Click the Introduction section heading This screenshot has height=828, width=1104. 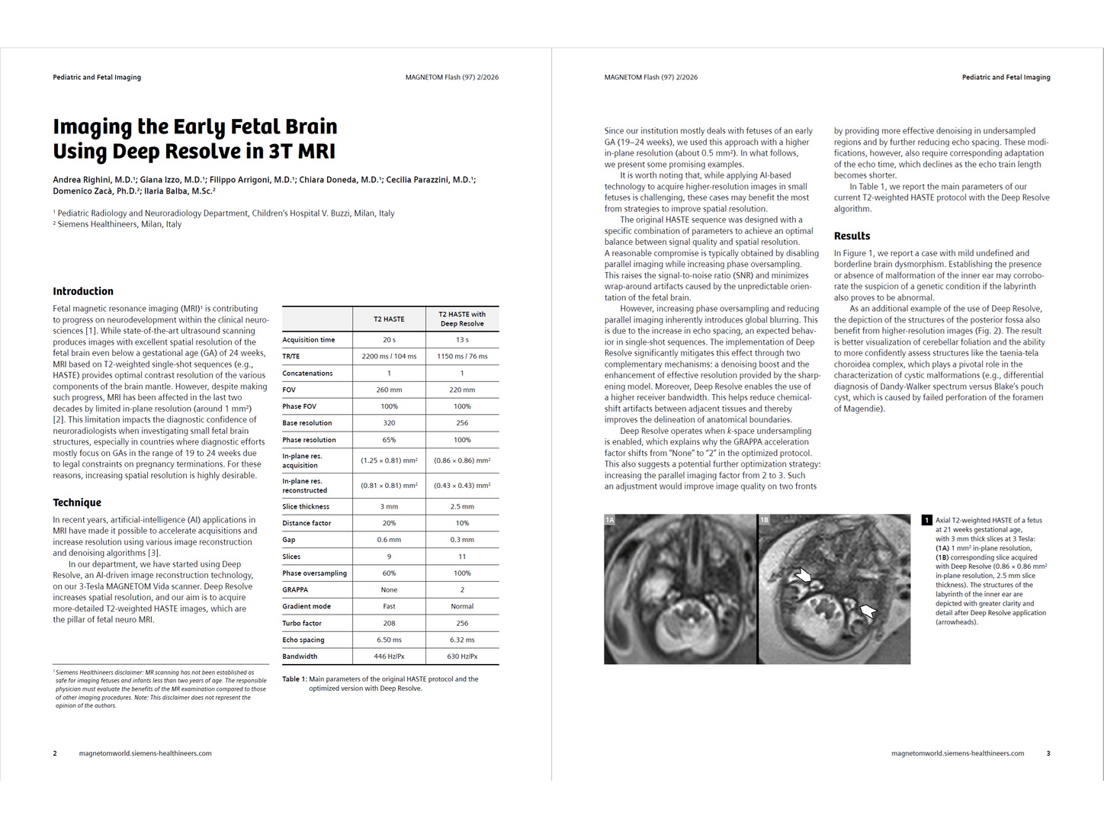pyautogui.click(x=83, y=291)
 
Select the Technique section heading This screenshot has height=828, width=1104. pyautogui.click(x=77, y=502)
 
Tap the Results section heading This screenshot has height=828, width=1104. pyautogui.click(x=852, y=236)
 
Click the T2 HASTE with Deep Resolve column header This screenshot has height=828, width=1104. pyautogui.click(x=462, y=319)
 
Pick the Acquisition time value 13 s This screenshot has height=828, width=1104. pyautogui.click(x=462, y=340)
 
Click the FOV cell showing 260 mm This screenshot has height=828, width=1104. pyautogui.click(x=389, y=390)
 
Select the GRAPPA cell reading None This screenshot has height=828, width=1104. pyautogui.click(x=389, y=590)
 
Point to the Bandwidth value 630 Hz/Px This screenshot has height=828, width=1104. pyautogui.click(x=462, y=656)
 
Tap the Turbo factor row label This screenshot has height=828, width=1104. pyautogui.click(x=302, y=624)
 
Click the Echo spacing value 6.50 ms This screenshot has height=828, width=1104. pyautogui.click(x=389, y=640)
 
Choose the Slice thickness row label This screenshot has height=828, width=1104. pyautogui.click(x=306, y=507)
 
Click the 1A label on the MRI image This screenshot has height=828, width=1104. pyautogui.click(x=610, y=520)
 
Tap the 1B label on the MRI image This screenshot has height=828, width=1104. pyautogui.click(x=765, y=520)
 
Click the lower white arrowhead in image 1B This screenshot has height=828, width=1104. pyautogui.click(x=868, y=610)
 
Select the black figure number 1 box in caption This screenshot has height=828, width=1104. pyautogui.click(x=926, y=521)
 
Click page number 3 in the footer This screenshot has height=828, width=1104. pyautogui.click(x=1048, y=753)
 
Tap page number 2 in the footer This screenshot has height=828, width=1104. pyautogui.click(x=55, y=753)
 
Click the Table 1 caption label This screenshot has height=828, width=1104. pyautogui.click(x=294, y=679)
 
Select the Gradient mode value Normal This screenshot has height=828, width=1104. pyautogui.click(x=462, y=607)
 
